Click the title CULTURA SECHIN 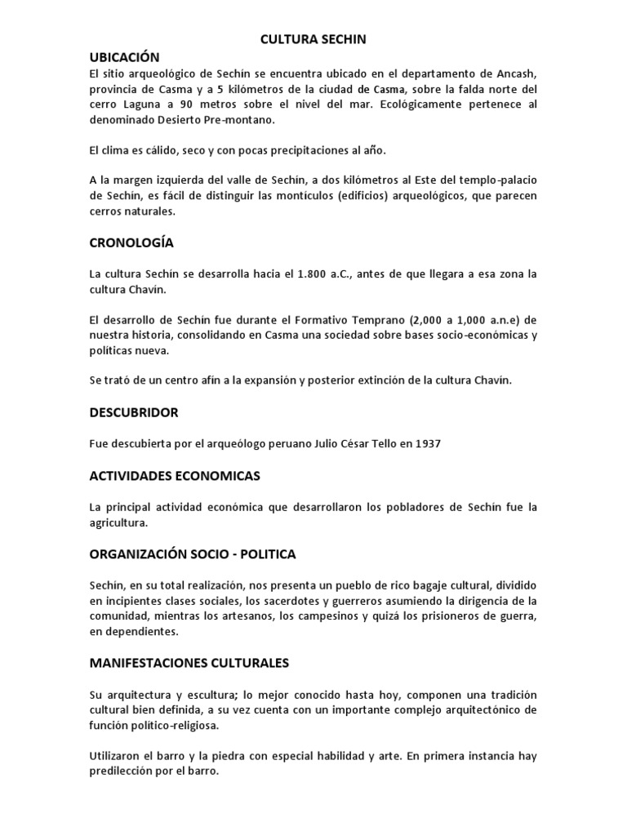pos(313,38)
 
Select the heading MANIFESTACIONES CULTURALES pos(189,663)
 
